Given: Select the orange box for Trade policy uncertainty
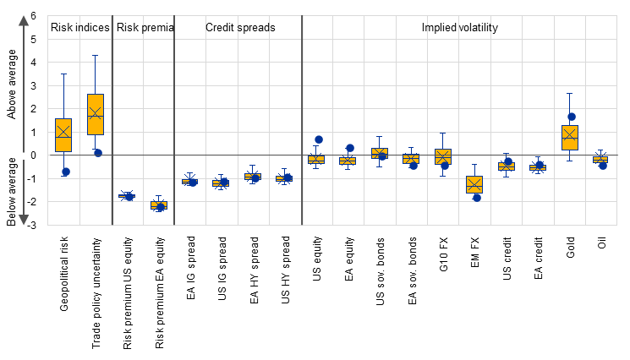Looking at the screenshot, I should (x=95, y=114).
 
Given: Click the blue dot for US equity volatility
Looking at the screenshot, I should (x=319, y=139).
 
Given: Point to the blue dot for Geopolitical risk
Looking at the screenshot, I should (x=65, y=172).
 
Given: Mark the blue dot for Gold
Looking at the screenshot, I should (x=572, y=117).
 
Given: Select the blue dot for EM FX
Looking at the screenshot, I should (x=477, y=198).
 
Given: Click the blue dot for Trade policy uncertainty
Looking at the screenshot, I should (x=97, y=153).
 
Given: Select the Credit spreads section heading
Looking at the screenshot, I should (x=240, y=28).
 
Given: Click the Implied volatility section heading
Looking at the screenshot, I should (x=459, y=28).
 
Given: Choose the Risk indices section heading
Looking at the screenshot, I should (x=80, y=28).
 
